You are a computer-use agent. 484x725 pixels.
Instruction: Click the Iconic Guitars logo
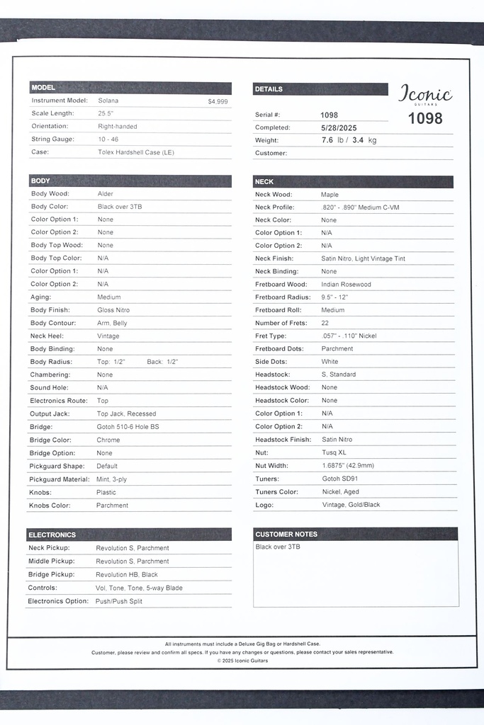[425, 95]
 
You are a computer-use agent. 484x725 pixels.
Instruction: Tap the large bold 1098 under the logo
[425, 118]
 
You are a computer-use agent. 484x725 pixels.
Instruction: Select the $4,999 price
[218, 101]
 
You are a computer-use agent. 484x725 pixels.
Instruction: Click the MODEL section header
[43, 88]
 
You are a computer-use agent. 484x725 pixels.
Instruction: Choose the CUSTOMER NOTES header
[286, 534]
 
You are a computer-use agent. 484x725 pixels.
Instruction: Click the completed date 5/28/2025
[339, 127]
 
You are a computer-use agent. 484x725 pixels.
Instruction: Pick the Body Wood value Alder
[106, 193]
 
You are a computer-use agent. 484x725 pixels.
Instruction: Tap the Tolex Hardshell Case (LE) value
[135, 152]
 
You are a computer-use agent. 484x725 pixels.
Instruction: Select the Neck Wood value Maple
[330, 194]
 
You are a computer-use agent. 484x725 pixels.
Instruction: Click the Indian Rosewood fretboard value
[346, 285]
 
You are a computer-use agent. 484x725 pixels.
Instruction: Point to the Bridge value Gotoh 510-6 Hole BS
[128, 427]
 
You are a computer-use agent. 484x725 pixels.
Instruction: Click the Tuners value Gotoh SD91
[340, 479]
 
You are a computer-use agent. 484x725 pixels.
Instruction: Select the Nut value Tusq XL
[334, 452]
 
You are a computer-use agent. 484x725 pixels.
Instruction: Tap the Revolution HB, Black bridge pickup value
[127, 575]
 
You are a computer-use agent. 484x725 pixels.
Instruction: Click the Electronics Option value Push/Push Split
[119, 601]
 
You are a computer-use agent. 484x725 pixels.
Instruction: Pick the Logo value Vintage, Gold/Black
[350, 505]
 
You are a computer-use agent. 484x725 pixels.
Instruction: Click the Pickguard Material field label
[60, 479]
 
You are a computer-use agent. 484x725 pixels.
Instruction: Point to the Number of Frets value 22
[325, 323]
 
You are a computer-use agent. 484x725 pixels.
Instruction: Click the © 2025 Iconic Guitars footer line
[242, 661]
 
